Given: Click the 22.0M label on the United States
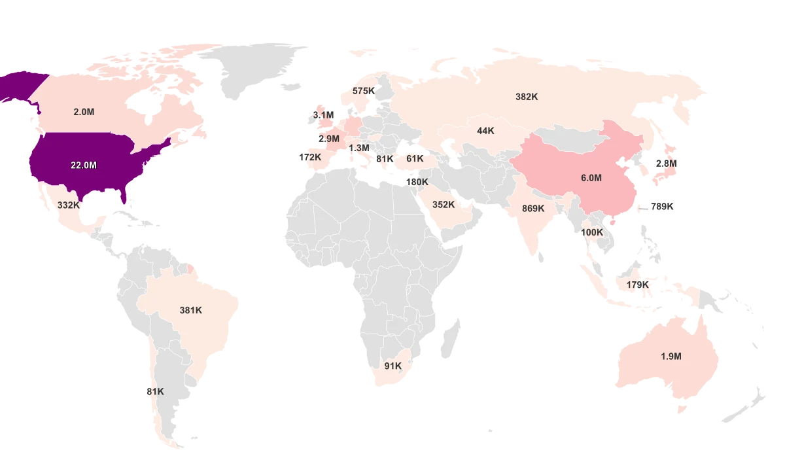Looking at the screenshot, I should (x=84, y=166).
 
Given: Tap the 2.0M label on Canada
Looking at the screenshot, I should (x=84, y=112).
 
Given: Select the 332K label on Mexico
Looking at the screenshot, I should (x=68, y=205).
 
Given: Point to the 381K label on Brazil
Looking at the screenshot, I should (x=191, y=310).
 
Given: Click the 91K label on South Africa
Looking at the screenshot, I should (x=393, y=366).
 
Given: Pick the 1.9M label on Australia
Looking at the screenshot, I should (x=671, y=357).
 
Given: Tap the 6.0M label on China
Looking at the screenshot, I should (x=591, y=178).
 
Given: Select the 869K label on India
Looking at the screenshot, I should (x=533, y=208).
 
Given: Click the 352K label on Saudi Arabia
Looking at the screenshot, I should (x=444, y=204).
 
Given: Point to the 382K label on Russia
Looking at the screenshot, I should (x=527, y=96).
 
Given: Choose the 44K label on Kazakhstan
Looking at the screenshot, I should (x=485, y=131).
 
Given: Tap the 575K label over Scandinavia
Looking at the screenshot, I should (x=364, y=91).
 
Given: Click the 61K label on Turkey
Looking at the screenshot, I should (x=415, y=158).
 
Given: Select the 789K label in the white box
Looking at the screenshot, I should (x=661, y=206).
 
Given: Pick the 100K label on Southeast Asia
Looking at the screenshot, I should (x=592, y=232).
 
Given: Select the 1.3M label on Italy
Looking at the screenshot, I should (x=359, y=148).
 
